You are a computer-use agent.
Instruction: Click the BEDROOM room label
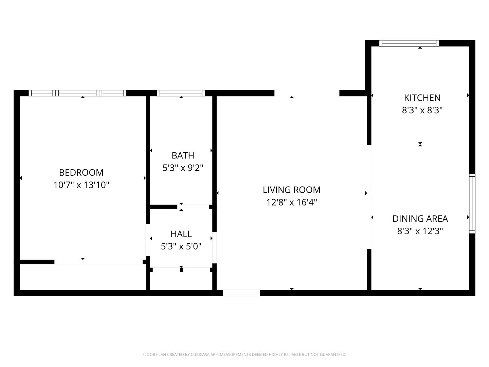[x=81, y=173]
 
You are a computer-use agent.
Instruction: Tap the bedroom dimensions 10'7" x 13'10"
[x=81, y=185]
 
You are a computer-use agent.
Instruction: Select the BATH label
[x=183, y=155]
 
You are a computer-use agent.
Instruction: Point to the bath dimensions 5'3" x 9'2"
[x=183, y=168]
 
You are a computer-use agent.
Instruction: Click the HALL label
[x=181, y=234]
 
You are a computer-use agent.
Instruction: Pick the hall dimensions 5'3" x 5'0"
[x=181, y=246]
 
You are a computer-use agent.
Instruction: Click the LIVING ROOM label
[x=292, y=190]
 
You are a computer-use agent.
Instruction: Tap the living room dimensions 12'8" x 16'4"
[x=292, y=202]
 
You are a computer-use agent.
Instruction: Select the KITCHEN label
[x=422, y=98]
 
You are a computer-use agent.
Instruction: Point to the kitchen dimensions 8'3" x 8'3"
[x=422, y=110]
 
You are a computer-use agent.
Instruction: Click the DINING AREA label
[x=420, y=219]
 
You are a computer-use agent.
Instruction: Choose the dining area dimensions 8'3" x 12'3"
[x=420, y=231]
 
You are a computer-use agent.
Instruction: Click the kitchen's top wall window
[x=409, y=43]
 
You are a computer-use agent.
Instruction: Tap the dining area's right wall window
[x=472, y=204]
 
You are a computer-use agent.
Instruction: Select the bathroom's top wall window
[x=181, y=93]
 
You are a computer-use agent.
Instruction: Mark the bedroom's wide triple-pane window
[x=77, y=93]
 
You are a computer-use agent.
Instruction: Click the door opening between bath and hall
[x=193, y=207]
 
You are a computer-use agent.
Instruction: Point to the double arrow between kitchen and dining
[x=420, y=144]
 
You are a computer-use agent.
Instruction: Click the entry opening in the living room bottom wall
[x=241, y=293]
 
